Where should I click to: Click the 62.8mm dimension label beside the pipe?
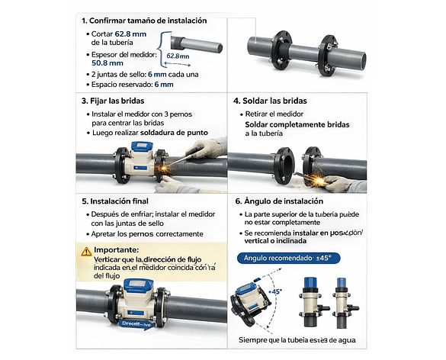tap(178, 56)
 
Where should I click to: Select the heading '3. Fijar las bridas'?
tap(114, 101)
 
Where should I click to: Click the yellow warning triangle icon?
tap(85, 250)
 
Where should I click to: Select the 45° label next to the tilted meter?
tap(275, 291)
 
